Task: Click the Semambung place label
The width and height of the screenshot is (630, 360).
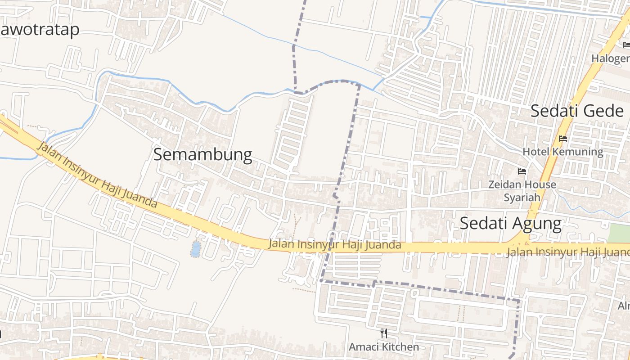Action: click(202, 154)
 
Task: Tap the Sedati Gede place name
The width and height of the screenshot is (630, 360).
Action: click(577, 111)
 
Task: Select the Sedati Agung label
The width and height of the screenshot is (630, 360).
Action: click(510, 223)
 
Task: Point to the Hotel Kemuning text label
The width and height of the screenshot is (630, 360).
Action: click(562, 152)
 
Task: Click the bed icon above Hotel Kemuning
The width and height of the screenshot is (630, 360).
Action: click(563, 139)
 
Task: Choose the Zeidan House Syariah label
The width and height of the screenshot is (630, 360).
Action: click(522, 191)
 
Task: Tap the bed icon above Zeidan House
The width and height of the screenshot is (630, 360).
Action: click(522, 171)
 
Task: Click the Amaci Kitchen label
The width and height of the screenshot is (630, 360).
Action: click(384, 347)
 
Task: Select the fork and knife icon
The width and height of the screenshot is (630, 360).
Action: click(384, 333)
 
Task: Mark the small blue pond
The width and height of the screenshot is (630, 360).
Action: click(196, 249)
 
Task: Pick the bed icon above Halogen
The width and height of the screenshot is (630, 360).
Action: click(626, 45)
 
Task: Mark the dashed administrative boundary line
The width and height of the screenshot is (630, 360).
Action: click(349, 135)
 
